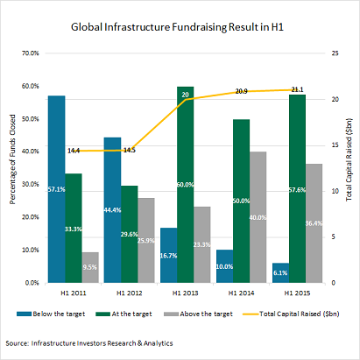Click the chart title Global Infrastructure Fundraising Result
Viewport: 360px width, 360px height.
(x=180, y=26)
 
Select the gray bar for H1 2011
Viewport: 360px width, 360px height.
(x=90, y=267)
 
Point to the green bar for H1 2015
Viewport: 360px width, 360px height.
(x=297, y=188)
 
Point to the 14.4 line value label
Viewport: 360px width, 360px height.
(x=74, y=151)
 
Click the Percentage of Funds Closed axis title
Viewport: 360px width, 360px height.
(x=12, y=166)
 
